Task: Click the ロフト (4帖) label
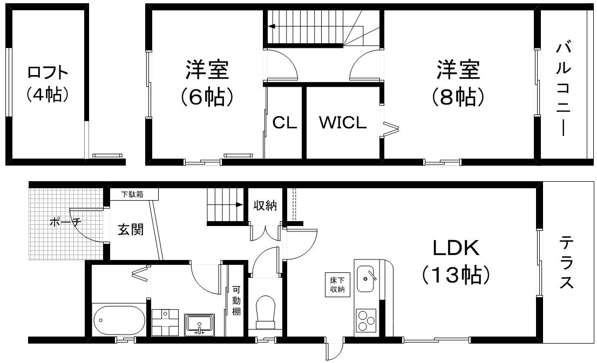coord(48,84)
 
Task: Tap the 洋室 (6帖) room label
coord(207,83)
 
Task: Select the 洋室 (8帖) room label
coord(458,83)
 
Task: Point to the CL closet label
coord(284,122)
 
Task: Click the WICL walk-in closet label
coord(343,122)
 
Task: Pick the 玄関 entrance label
coord(131,229)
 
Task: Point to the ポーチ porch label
coord(65,222)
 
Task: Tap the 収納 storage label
coord(265,206)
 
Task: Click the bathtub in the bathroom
coord(119,320)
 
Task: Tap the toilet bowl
coord(266,308)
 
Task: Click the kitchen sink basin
coord(365,279)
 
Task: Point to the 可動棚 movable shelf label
coord(236,300)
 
